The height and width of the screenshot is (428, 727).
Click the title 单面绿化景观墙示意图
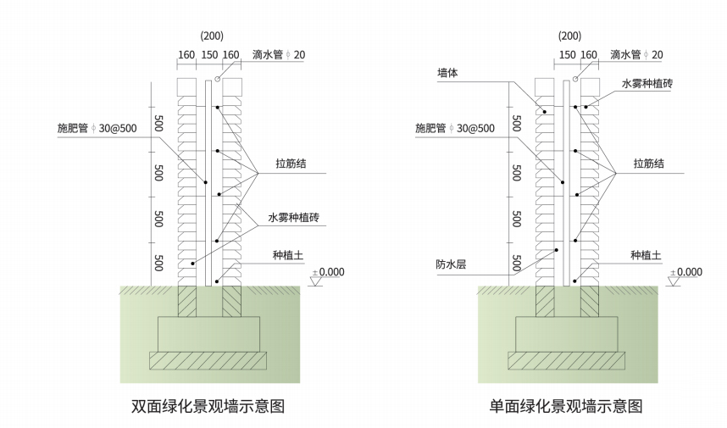pyautogui.click(x=566, y=406)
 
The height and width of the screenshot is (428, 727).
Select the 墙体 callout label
pyautogui.click(x=447, y=74)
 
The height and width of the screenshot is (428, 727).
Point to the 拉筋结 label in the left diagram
pyautogui.click(x=291, y=164)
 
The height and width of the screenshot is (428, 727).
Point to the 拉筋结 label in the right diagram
pyautogui.click(x=650, y=164)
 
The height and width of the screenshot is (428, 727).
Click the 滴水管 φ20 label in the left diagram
pyautogui.click(x=280, y=55)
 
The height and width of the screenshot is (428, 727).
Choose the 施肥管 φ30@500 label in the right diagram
pyautogui.click(x=454, y=128)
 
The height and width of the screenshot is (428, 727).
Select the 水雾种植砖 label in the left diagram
pyautogui.click(x=293, y=218)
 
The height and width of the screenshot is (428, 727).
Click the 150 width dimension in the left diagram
pyautogui.click(x=208, y=55)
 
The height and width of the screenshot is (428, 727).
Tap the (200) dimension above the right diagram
pyautogui.click(x=569, y=36)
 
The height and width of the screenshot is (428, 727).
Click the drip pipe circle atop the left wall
pyautogui.click(x=218, y=80)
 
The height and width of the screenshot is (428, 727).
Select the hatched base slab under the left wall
pyautogui.click(x=208, y=360)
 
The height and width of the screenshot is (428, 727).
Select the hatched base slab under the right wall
pyautogui.click(x=566, y=360)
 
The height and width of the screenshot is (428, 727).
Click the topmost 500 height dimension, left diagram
pyautogui.click(x=158, y=122)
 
